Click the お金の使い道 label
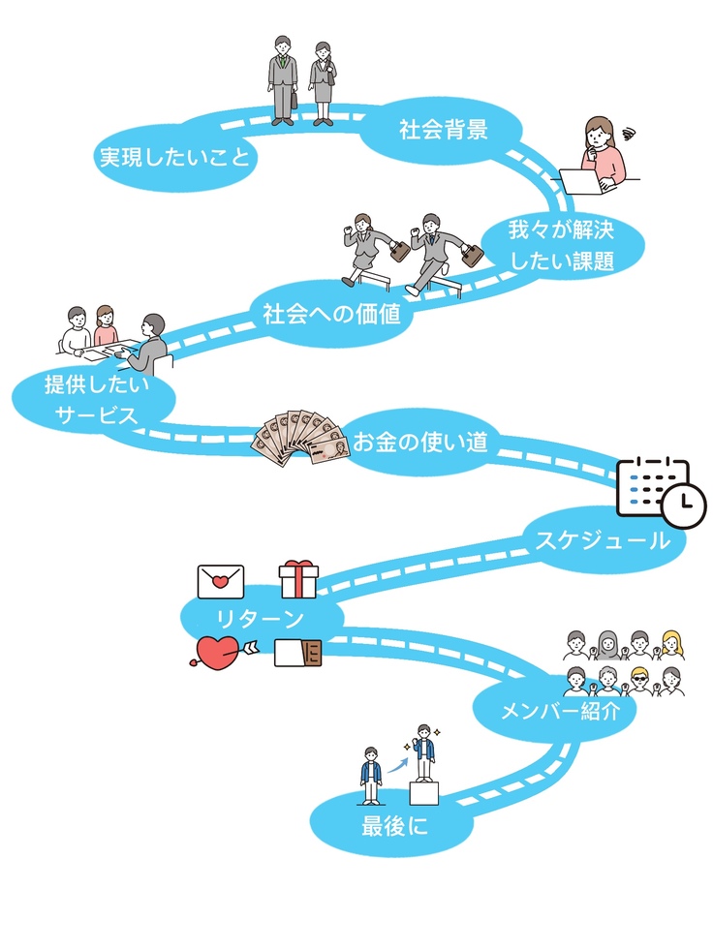(x=418, y=443)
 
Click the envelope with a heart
(x=221, y=581)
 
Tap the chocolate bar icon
(x=296, y=656)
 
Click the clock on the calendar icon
(x=684, y=503)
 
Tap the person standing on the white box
(x=423, y=753)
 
